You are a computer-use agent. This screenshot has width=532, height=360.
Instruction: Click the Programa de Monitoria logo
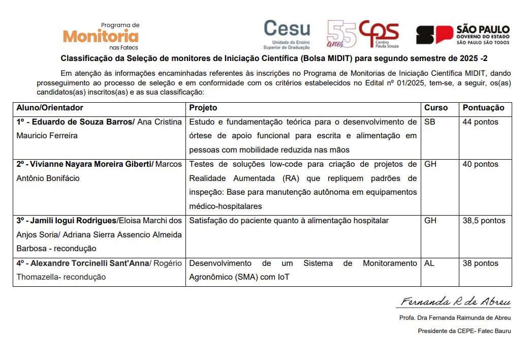101,35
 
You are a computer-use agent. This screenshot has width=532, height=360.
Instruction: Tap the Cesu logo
287,33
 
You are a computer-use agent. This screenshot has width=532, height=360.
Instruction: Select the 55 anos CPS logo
362,34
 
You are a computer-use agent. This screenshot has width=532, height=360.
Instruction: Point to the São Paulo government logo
462,35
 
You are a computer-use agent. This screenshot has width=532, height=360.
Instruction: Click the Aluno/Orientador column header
50,108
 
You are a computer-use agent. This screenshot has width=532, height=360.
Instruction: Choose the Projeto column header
203,108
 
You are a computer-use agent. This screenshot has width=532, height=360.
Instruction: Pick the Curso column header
436,108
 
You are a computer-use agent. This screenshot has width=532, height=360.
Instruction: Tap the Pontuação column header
483,108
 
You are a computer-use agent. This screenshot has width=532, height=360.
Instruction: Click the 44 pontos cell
480,122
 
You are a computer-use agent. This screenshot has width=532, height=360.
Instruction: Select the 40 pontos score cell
480,164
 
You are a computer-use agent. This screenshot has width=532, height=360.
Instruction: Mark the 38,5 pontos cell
484,221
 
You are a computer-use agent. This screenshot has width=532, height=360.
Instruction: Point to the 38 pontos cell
480,263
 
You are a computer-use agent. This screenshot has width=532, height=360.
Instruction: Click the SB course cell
429,122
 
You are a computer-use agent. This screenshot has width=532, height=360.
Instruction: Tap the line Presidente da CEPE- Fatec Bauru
464,331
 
